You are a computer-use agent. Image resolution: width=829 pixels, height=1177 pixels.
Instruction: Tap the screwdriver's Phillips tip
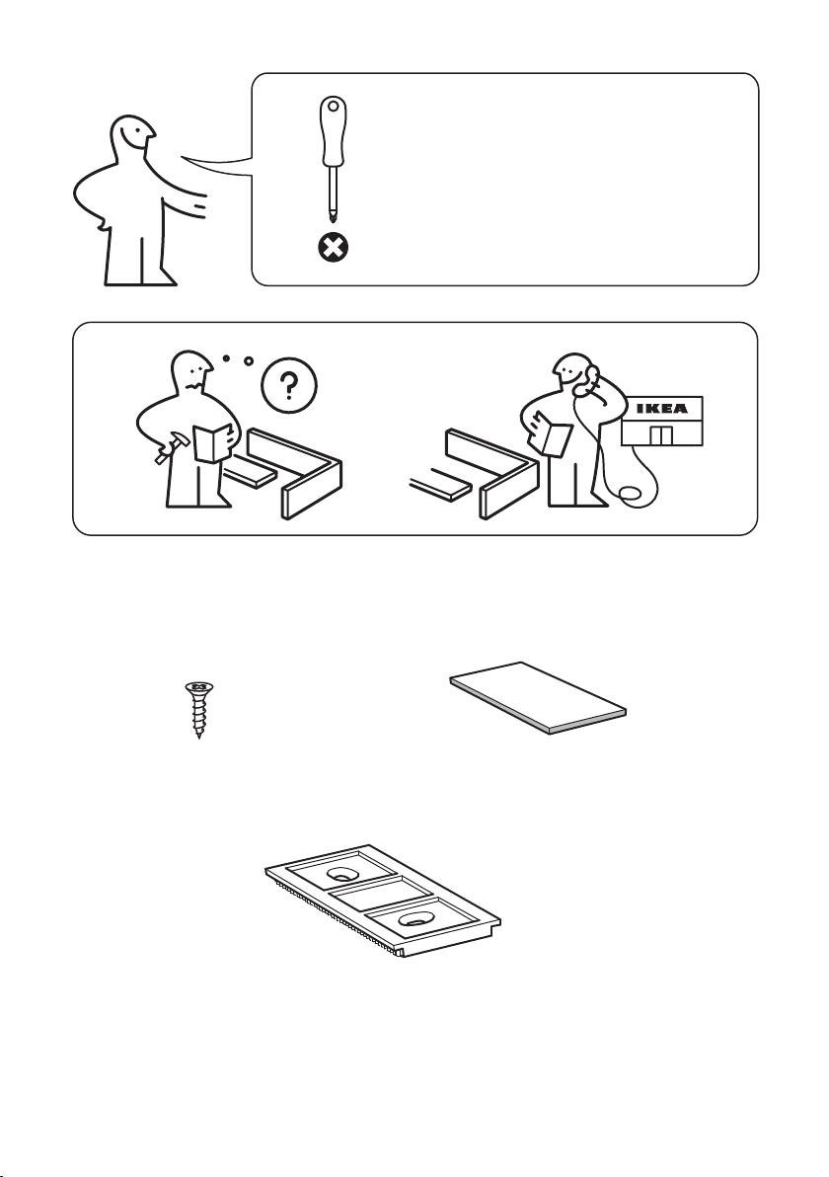[331, 215]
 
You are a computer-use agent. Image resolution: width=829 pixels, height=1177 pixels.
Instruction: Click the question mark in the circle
[289, 386]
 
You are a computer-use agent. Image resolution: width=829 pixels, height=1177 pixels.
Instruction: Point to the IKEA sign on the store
[661, 409]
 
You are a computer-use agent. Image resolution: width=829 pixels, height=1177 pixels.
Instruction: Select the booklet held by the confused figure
[212, 442]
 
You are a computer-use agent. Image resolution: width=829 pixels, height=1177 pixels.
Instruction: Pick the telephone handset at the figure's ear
[588, 380]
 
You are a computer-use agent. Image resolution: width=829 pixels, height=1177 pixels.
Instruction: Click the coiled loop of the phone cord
[629, 493]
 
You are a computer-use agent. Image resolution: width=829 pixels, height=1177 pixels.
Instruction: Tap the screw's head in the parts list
[198, 687]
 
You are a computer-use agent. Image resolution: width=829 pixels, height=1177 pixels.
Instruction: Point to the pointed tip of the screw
[198, 736]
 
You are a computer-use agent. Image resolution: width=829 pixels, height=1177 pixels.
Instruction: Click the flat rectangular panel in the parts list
[538, 697]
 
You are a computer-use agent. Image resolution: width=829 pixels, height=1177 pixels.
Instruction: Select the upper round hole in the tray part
[342, 874]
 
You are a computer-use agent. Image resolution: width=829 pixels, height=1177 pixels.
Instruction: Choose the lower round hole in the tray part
[414, 919]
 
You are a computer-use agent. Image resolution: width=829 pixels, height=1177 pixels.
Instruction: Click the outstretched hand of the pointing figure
[197, 205]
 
